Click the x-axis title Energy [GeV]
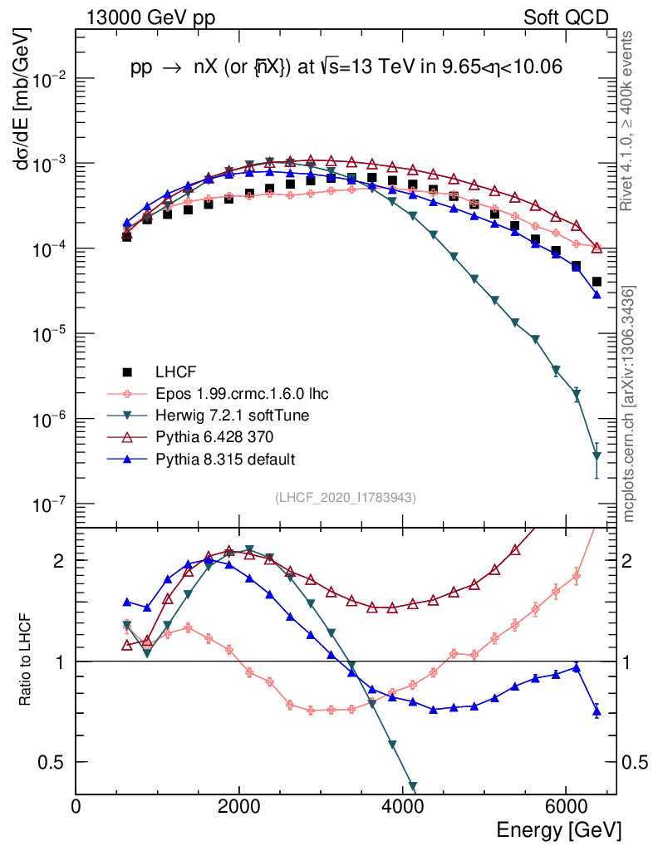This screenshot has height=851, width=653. point(558,829)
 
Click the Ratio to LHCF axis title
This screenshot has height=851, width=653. point(27,661)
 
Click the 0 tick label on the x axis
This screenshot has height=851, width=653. point(76,805)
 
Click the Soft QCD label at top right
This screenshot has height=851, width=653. point(566,17)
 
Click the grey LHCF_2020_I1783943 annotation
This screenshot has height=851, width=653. point(346,497)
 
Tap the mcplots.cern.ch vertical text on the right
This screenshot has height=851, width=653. point(630,404)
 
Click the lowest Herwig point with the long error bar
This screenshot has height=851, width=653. point(597,455)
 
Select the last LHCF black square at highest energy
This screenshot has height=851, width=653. point(597,282)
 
